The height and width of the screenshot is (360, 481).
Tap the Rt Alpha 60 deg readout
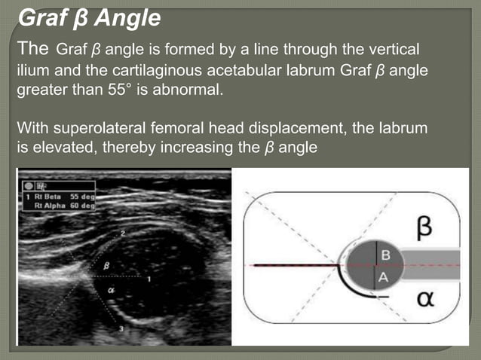pyautogui.click(x=68, y=204)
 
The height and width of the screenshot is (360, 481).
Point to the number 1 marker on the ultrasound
pyautogui.click(x=149, y=279)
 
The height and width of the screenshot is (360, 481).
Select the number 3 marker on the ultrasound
pyautogui.click(x=121, y=328)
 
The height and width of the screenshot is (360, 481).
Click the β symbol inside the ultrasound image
pyautogui.click(x=105, y=265)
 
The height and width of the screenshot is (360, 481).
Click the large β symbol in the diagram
pyautogui.click(x=424, y=227)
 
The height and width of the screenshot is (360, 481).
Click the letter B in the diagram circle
pyautogui.click(x=385, y=254)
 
